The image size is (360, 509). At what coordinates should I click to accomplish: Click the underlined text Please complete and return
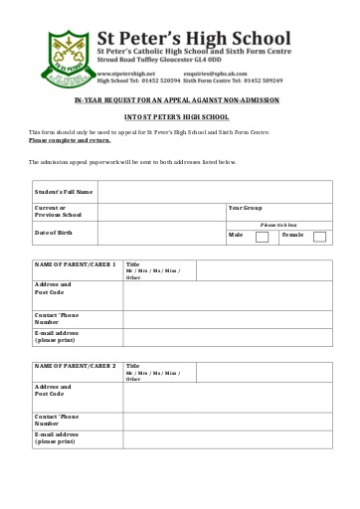coord(70,141)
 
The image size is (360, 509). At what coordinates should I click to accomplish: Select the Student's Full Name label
coord(64,191)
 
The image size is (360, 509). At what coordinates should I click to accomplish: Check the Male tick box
coord(263,236)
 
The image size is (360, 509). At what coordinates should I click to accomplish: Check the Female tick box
coord(320,236)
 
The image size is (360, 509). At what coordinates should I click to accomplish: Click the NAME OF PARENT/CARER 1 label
coord(76,263)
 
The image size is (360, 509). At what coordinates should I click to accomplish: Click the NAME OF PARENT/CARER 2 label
coord(76,366)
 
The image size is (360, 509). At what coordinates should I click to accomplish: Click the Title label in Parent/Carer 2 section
coord(132,365)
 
